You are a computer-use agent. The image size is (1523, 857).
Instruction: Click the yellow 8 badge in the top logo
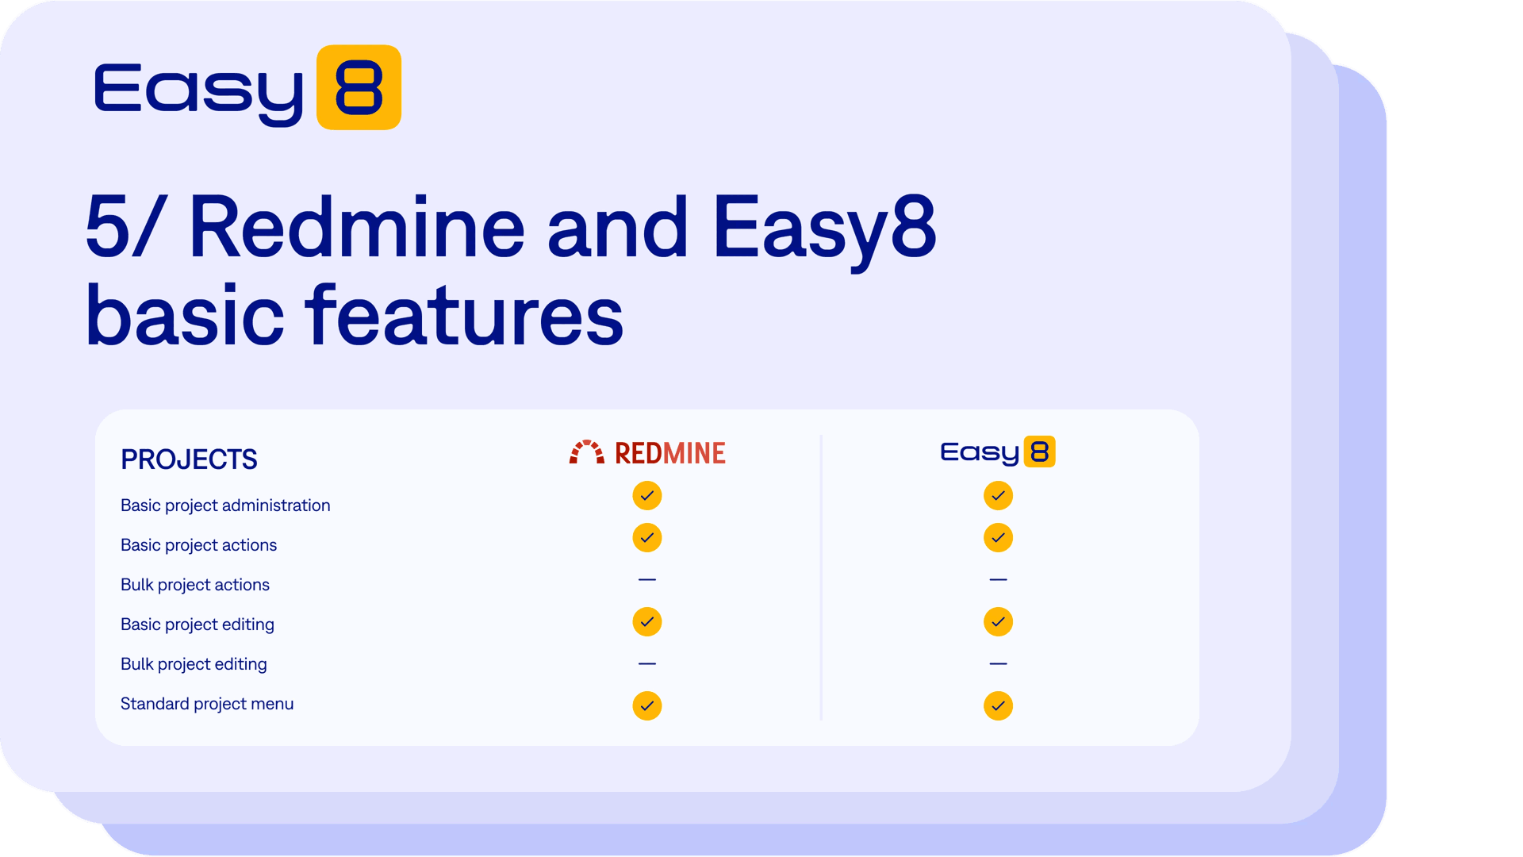(x=359, y=87)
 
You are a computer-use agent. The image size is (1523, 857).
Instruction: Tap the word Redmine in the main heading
(x=357, y=228)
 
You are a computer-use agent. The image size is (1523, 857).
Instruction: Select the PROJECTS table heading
(x=189, y=459)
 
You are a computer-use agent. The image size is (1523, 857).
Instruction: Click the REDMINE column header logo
(x=647, y=452)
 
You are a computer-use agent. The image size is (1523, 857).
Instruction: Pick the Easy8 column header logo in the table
(x=998, y=452)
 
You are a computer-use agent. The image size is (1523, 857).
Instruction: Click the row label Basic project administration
(x=225, y=505)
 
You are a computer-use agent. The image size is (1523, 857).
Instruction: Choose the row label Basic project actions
(x=198, y=545)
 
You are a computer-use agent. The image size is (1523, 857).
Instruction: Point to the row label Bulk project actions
(x=195, y=585)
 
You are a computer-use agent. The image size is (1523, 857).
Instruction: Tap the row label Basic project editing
(x=198, y=624)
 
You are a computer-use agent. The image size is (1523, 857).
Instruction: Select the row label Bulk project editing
(x=194, y=664)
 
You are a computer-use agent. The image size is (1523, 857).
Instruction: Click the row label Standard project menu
(x=207, y=704)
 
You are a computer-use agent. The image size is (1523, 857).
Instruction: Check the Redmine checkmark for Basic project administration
(x=647, y=496)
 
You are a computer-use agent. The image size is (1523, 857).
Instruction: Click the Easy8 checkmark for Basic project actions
(x=998, y=538)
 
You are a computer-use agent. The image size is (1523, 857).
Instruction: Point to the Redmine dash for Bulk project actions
(x=647, y=580)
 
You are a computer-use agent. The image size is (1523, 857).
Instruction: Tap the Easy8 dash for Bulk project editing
(x=998, y=663)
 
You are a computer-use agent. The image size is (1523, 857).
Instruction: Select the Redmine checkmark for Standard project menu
(x=647, y=706)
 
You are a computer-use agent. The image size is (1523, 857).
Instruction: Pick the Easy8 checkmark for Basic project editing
(x=998, y=622)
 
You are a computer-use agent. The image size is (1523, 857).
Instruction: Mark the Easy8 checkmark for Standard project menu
(x=998, y=706)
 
